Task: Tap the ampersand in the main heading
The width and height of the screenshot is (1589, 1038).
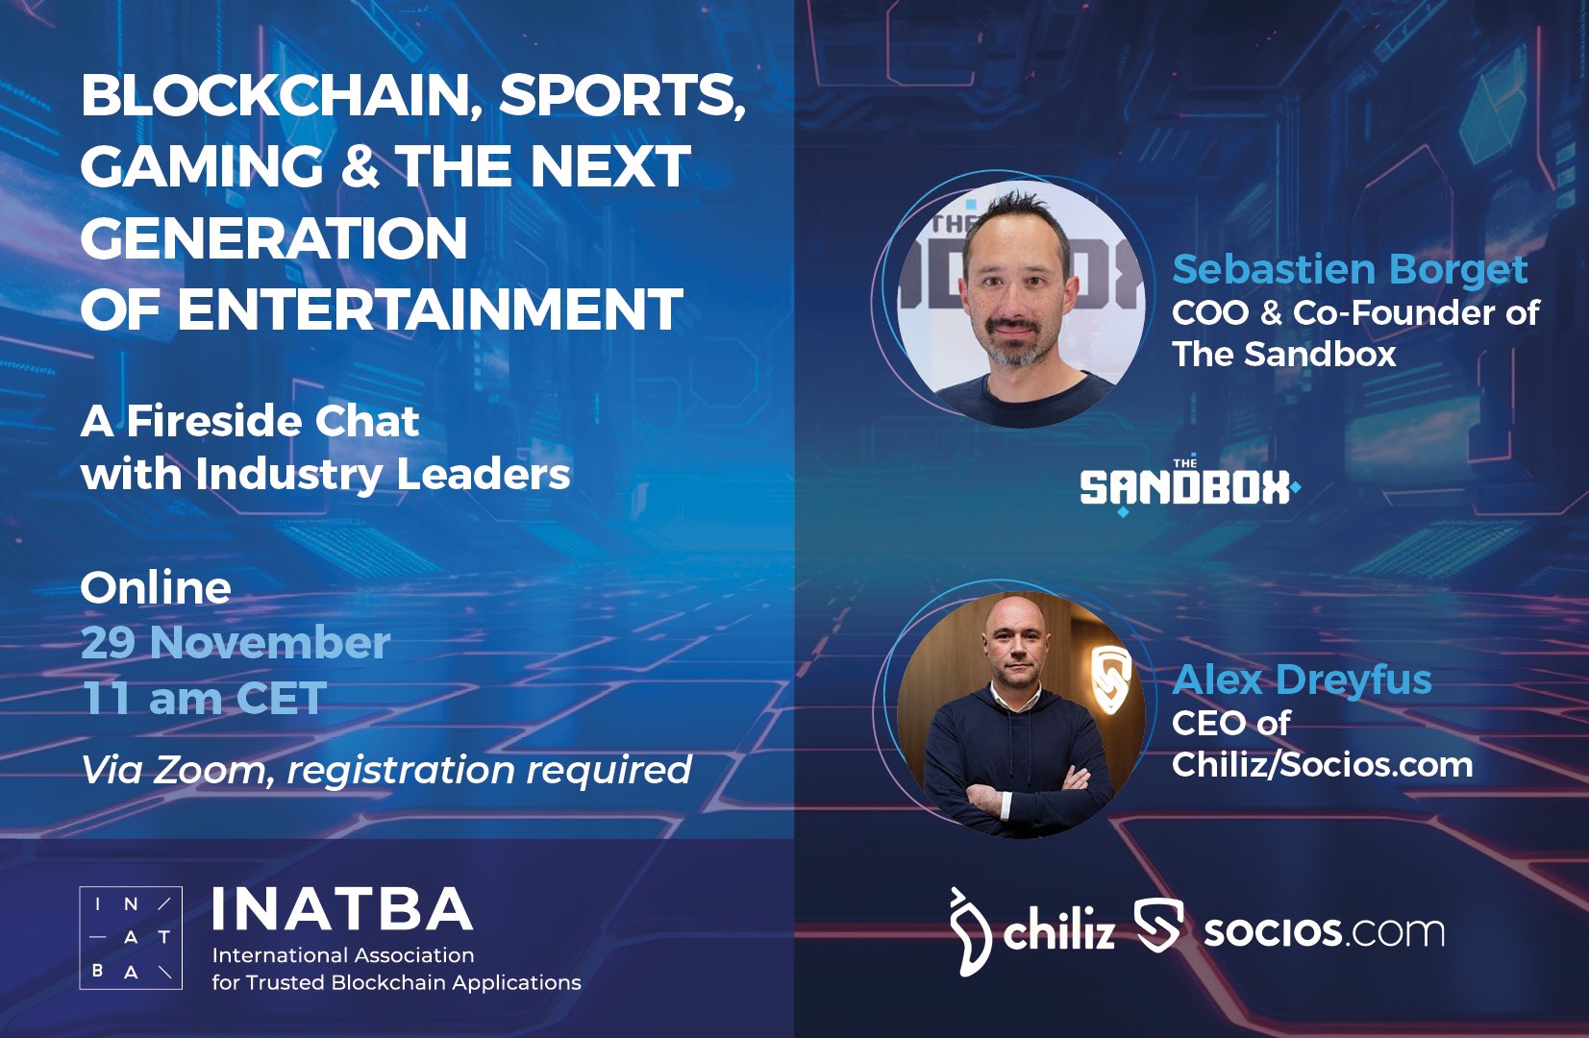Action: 360,165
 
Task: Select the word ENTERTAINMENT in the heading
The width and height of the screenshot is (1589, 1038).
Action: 430,309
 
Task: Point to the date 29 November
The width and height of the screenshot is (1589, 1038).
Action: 236,642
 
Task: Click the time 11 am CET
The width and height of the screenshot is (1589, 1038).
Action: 205,698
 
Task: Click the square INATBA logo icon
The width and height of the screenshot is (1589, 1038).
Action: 131,937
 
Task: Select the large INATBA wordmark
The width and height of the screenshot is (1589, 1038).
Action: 342,909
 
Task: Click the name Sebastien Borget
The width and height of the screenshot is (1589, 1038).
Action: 1350,269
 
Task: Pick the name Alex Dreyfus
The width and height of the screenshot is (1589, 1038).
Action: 1302,680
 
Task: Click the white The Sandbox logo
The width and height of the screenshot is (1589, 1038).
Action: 1190,486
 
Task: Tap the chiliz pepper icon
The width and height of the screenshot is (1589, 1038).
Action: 970,932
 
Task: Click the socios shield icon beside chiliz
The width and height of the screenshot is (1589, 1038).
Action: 1158,925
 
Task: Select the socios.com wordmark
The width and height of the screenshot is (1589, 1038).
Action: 1324,931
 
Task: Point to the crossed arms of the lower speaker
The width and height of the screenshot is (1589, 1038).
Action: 1023,791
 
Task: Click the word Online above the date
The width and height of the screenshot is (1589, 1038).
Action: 156,588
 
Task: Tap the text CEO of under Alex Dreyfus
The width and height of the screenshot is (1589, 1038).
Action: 1230,723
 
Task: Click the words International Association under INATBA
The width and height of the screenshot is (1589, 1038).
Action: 343,955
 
